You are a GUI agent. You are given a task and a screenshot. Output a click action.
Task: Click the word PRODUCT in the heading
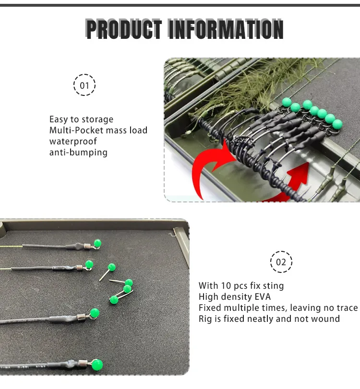124,29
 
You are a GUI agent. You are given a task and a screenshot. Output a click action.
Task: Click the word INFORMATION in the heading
226,29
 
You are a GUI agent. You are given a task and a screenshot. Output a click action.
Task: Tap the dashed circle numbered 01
84,85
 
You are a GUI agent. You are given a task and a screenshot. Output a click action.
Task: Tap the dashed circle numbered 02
281,262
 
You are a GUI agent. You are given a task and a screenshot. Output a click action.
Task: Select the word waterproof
73,141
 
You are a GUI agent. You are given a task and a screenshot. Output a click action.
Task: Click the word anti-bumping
78,153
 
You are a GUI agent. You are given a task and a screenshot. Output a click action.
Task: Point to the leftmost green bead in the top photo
287,102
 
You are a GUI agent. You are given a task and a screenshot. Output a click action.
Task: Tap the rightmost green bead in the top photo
337,124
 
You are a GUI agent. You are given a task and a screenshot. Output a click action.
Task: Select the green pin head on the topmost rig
97,243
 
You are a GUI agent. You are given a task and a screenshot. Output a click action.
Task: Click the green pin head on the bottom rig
97,365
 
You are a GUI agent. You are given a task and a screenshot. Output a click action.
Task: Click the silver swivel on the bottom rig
83,363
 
